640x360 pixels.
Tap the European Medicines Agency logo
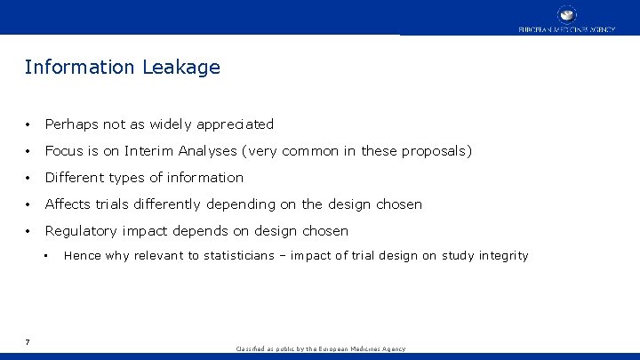click(x=566, y=18)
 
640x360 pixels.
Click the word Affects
click(x=69, y=204)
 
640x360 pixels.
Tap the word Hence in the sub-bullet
click(x=83, y=256)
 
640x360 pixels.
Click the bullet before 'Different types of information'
click(x=29, y=178)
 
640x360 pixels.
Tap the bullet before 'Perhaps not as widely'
click(x=29, y=124)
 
